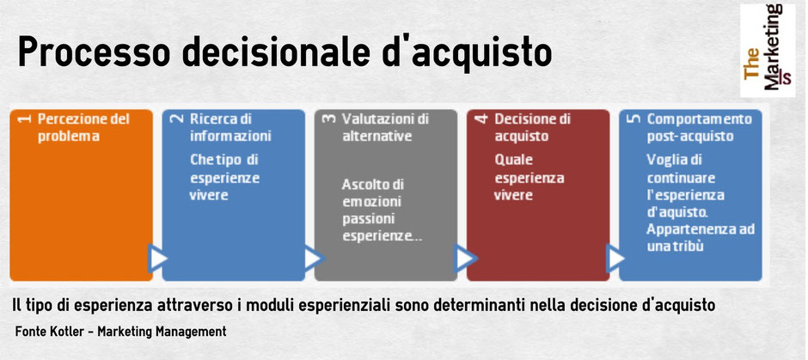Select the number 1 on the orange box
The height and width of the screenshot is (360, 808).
pyautogui.click(x=24, y=119)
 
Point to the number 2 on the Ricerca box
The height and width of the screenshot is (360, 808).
pyautogui.click(x=177, y=119)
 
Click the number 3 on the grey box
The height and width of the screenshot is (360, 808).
pyautogui.click(x=328, y=119)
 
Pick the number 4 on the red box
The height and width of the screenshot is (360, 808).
pyautogui.click(x=481, y=119)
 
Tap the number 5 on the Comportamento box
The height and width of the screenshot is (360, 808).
pyautogui.click(x=634, y=119)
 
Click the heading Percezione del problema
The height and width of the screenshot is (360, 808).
pyautogui.click(x=83, y=127)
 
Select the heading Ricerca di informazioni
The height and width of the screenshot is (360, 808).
pyautogui.click(x=230, y=127)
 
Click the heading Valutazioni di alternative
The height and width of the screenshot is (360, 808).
pyautogui.click(x=384, y=127)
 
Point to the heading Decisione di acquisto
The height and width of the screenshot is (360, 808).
pyautogui.click(x=532, y=127)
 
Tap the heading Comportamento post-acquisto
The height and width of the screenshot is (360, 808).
pyautogui.click(x=699, y=127)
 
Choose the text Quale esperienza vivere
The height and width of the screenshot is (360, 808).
pyautogui.click(x=529, y=178)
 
